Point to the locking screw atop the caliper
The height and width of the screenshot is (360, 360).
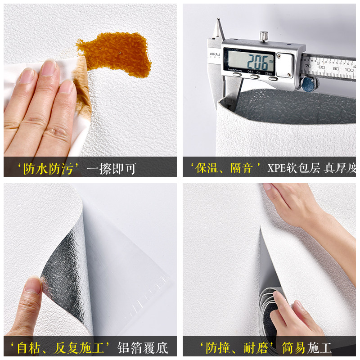point(264,36)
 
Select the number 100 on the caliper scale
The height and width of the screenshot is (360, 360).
point(349,70)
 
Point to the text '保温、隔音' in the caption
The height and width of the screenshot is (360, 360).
point(227,169)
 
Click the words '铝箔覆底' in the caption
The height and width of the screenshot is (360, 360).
point(143,347)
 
